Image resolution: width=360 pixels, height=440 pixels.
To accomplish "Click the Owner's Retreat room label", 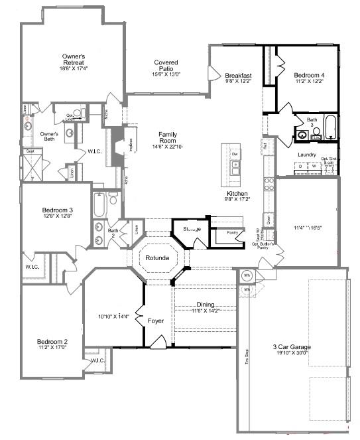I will coord(74,58).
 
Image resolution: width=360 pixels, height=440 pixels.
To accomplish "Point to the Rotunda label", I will coord(158,257).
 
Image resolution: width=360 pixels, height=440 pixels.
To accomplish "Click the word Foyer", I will coord(156,321).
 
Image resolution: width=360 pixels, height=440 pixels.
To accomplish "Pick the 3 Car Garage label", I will coord(292,347).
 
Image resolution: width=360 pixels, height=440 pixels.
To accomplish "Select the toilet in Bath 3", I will coord(316,131).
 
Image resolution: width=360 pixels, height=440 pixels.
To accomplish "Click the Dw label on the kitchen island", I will coord(234,154).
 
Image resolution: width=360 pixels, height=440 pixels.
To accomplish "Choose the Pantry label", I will coord(232,233).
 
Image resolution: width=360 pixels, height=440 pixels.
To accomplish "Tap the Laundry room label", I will coord(307,155).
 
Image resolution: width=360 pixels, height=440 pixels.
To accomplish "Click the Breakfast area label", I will coord(238,76).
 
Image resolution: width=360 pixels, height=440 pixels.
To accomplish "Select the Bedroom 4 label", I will coord(310,76).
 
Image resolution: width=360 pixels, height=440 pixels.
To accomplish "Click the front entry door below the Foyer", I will coord(157,342).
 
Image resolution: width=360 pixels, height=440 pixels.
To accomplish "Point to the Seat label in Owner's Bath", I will coord(30,151).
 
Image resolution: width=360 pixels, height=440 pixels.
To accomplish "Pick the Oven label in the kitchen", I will coord(268,218).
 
